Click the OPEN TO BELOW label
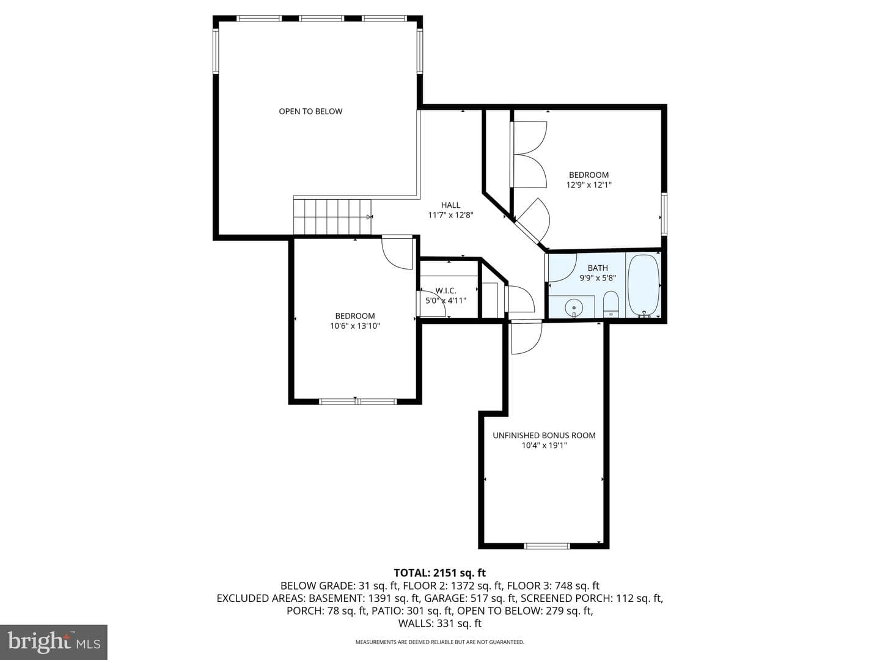tap(310, 111)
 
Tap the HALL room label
tap(450, 205)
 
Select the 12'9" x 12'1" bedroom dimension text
tap(588, 185)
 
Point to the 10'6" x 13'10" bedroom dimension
tap(355, 326)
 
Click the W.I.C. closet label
tap(446, 291)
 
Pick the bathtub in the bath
tap(643, 285)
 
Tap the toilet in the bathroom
tap(611, 304)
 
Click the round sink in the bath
tap(574, 308)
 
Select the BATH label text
tap(597, 268)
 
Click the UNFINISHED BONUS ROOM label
tap(544, 436)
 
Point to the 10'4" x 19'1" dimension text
tap(544, 446)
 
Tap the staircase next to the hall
tap(332, 217)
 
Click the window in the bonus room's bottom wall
tap(547, 546)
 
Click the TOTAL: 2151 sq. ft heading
tap(440, 573)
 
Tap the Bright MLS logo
tap(54, 642)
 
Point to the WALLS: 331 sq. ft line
tap(440, 623)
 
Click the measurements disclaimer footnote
tap(440, 642)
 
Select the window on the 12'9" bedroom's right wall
tap(664, 214)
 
